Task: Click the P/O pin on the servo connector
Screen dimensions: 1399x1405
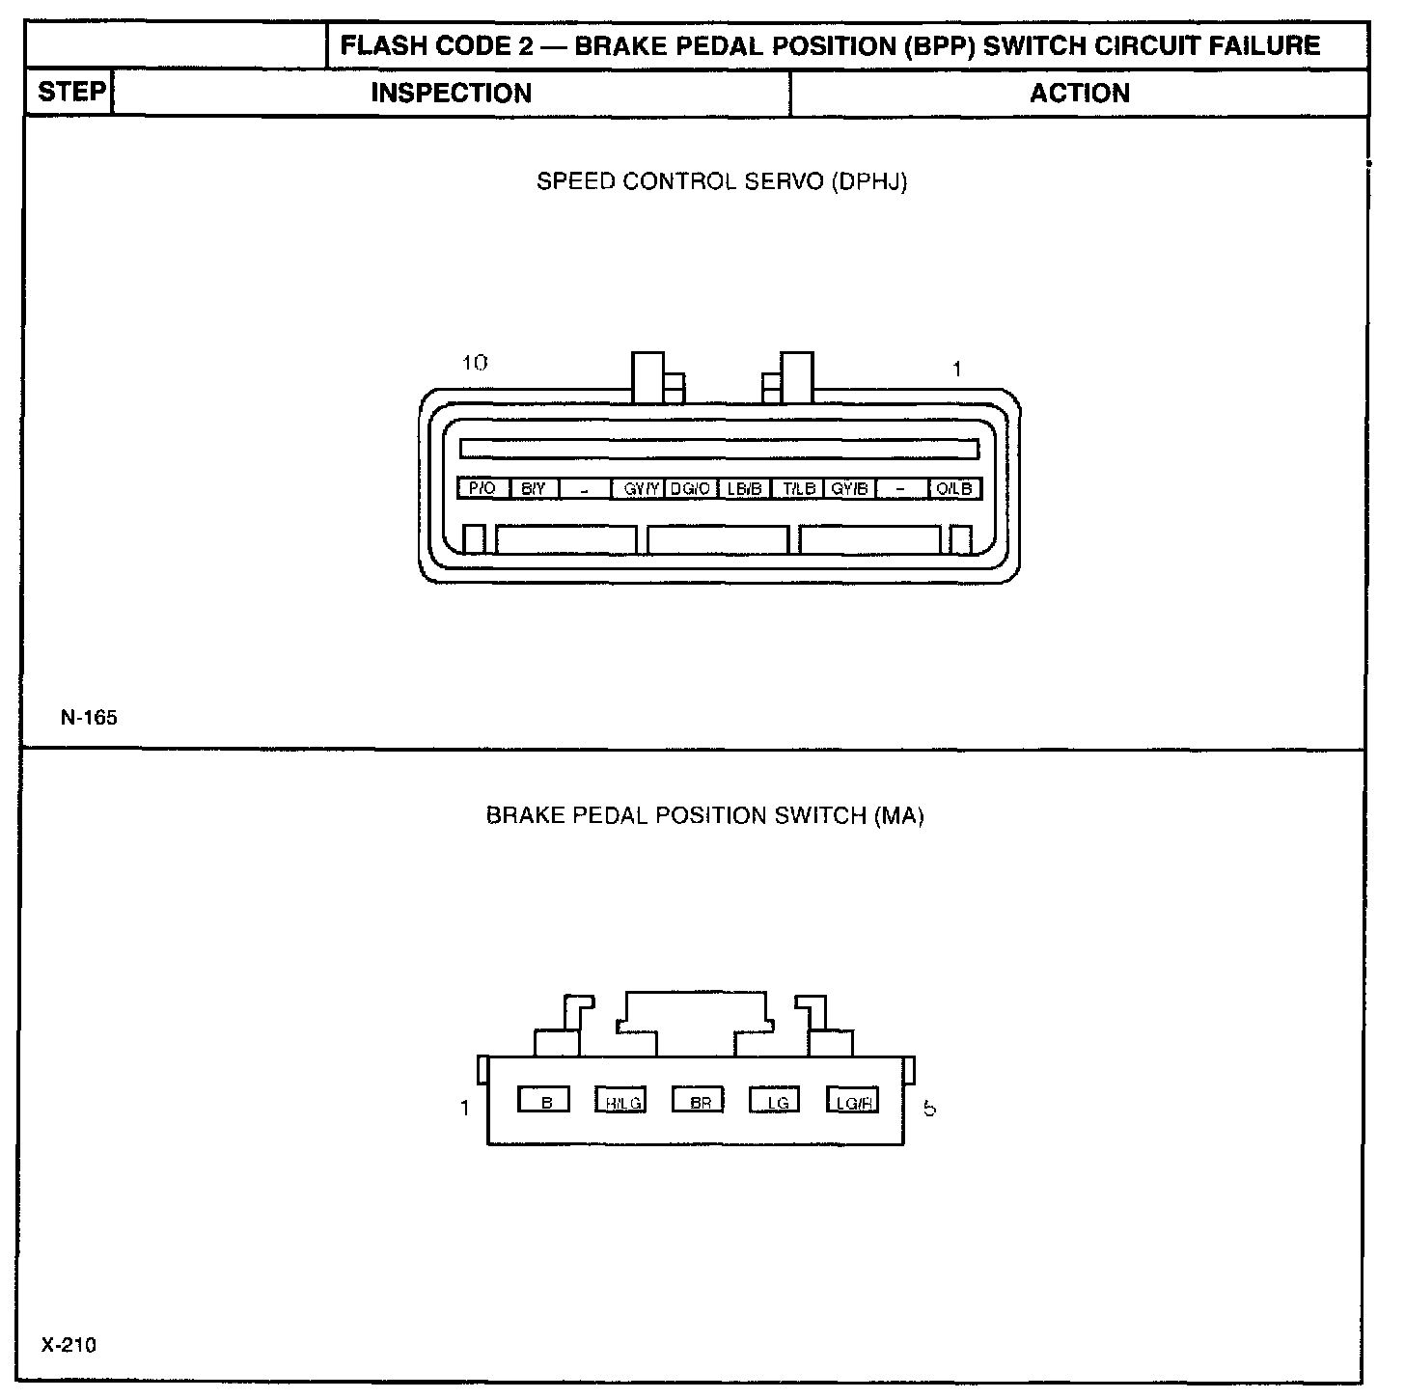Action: click(482, 489)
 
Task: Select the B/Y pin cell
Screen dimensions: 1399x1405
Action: click(534, 489)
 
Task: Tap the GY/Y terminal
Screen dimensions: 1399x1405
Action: click(641, 489)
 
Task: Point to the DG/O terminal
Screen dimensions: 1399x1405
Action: click(690, 489)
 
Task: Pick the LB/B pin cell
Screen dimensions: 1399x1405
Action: click(745, 489)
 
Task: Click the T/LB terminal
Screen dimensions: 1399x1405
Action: click(799, 489)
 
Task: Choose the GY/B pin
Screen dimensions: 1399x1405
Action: click(850, 489)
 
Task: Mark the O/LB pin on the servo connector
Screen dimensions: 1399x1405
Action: click(954, 489)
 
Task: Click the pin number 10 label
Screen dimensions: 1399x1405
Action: click(475, 363)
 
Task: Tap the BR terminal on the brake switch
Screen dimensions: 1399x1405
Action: click(700, 1101)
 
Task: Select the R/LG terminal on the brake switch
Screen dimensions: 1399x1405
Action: click(622, 1101)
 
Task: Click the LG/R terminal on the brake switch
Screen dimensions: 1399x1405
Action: click(853, 1101)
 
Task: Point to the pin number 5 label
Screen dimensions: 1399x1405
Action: click(929, 1109)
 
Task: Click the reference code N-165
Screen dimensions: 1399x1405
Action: click(89, 718)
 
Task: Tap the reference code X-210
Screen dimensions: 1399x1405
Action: click(69, 1345)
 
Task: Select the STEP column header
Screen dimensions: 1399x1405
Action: click(70, 93)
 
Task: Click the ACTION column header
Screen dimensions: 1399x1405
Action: click(1079, 94)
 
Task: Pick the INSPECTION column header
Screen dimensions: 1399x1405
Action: click(451, 94)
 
